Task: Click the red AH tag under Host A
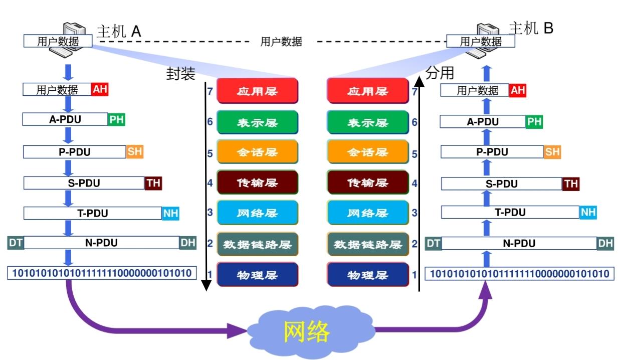click(99, 90)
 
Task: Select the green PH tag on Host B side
click(534, 121)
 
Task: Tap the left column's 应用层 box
click(257, 91)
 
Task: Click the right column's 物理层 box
click(367, 275)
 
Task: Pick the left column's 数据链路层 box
click(257, 245)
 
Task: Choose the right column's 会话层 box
click(367, 152)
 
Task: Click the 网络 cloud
click(307, 331)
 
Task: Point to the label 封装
click(180, 74)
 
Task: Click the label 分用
click(440, 73)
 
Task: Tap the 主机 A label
click(119, 31)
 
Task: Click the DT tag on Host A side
click(16, 243)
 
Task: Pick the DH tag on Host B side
click(605, 244)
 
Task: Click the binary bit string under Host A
click(101, 273)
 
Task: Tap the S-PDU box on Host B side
click(501, 184)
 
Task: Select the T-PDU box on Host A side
click(92, 213)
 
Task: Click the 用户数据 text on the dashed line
click(281, 42)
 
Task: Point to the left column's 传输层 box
click(257, 183)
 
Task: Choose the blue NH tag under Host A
click(170, 213)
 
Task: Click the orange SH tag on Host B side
click(552, 152)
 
